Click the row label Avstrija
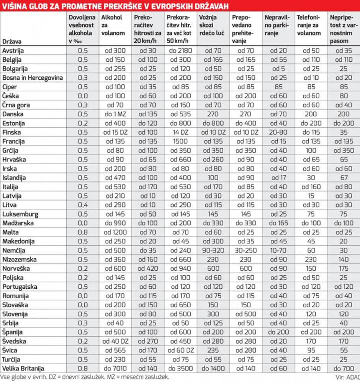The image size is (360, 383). pyautogui.click(x=14, y=51)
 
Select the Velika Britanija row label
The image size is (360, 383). pyautogui.click(x=23, y=368)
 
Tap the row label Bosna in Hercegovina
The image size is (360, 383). pyautogui.click(x=32, y=78)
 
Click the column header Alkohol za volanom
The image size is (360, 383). pyautogui.click(x=113, y=25)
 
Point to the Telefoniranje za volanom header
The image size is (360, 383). pyautogui.click(x=309, y=25)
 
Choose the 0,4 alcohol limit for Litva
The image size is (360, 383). pyautogui.click(x=83, y=205)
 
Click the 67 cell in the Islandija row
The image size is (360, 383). pyautogui.click(x=343, y=178)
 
